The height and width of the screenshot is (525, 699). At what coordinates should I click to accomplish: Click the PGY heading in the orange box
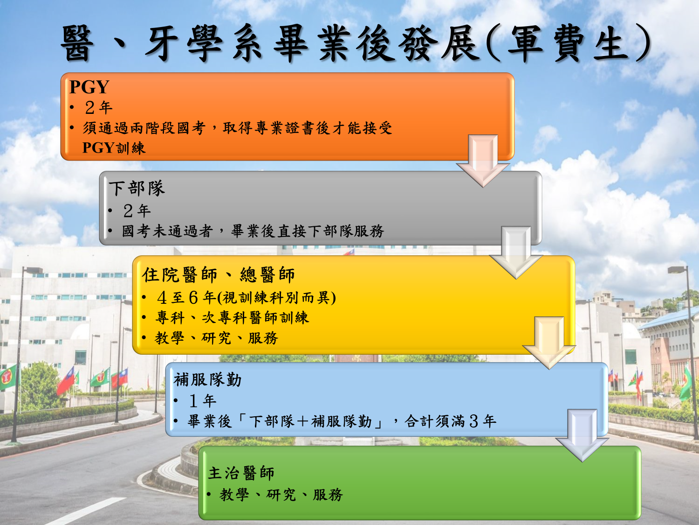click(x=89, y=87)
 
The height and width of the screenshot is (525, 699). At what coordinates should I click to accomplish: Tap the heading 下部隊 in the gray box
click(x=137, y=188)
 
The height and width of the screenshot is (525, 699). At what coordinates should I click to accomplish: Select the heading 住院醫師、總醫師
click(x=219, y=275)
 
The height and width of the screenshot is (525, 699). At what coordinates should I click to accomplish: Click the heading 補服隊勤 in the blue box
click(x=207, y=380)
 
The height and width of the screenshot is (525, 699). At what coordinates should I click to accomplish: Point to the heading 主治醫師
click(x=241, y=473)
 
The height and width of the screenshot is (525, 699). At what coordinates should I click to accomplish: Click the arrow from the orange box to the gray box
click(x=483, y=161)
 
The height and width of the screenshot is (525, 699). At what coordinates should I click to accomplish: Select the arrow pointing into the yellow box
click(x=516, y=252)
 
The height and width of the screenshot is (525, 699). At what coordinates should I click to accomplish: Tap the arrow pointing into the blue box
click(x=549, y=343)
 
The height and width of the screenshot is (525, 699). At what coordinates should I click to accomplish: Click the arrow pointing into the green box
click(x=582, y=435)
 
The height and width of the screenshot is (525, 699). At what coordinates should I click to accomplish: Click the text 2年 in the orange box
click(x=99, y=108)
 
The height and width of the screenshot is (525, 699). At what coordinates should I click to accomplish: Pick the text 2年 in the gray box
click(x=137, y=211)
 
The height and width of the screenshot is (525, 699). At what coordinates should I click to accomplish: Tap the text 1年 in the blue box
click(x=203, y=401)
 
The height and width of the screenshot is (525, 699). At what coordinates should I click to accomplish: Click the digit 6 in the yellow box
click(x=193, y=298)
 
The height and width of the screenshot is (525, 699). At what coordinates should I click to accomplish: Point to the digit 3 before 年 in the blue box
click(x=474, y=421)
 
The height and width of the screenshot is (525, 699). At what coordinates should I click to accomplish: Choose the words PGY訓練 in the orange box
click(x=114, y=148)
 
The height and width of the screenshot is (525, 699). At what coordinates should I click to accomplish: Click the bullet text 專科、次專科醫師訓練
click(x=232, y=318)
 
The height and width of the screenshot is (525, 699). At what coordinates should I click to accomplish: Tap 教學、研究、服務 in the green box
click(x=281, y=495)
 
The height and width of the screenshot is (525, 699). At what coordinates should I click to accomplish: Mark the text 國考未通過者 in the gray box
click(x=167, y=231)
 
